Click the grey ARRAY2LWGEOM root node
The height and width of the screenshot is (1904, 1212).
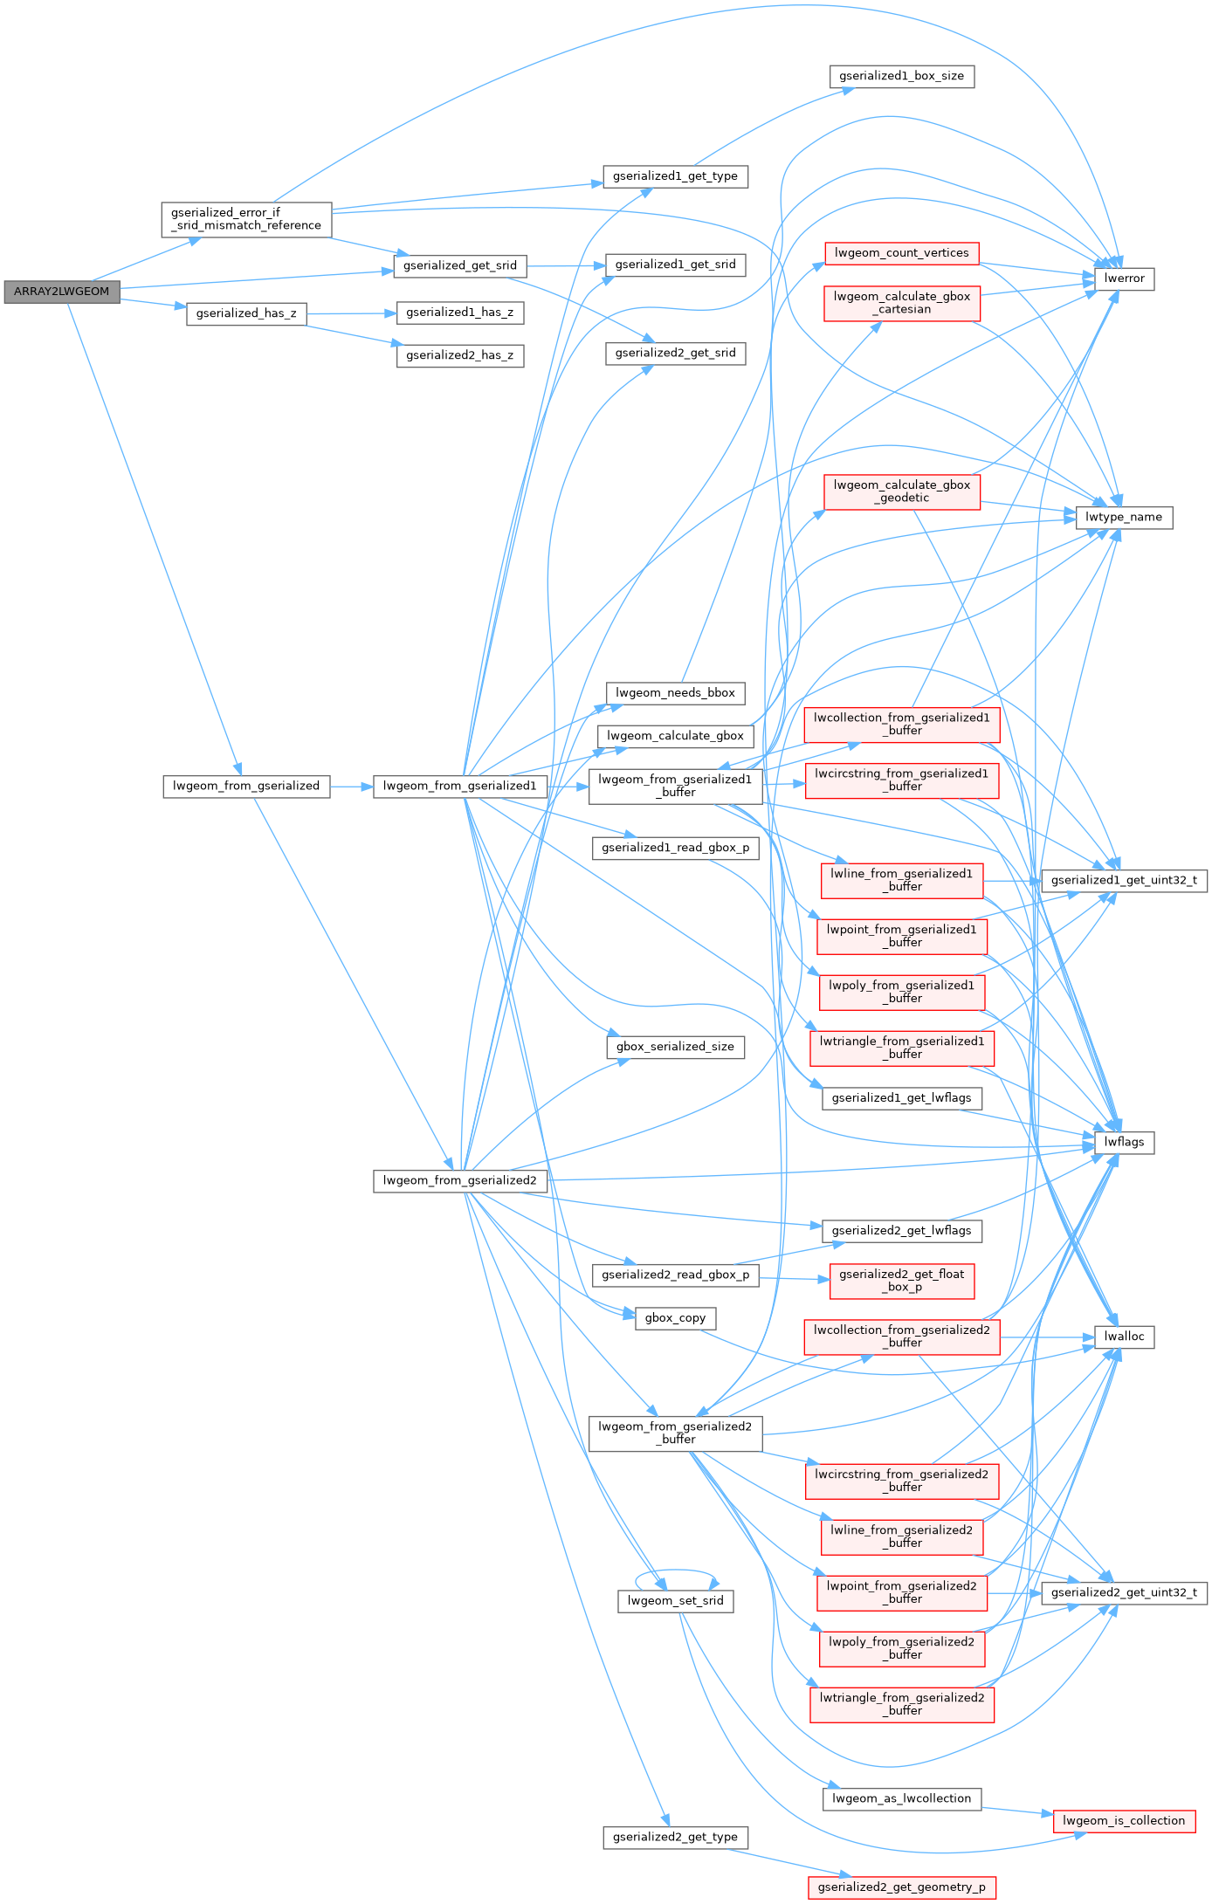pyautogui.click(x=61, y=292)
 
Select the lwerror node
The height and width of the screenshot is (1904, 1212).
pyautogui.click(x=1124, y=278)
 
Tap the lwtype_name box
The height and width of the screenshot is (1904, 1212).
pyautogui.click(x=1123, y=517)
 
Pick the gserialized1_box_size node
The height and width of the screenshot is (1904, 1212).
pyautogui.click(x=901, y=76)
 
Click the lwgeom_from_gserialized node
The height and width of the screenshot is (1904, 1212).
pyautogui.click(x=246, y=786)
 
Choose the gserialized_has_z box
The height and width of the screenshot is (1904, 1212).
pyautogui.click(x=246, y=313)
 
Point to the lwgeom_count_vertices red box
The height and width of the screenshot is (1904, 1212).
pyautogui.click(x=901, y=253)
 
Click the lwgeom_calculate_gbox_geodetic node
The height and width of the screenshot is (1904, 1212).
pyautogui.click(x=901, y=491)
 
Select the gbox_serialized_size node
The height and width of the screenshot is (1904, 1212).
pyautogui.click(x=675, y=1047)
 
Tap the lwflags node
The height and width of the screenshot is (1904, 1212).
pyautogui.click(x=1124, y=1142)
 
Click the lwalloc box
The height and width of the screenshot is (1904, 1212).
pyautogui.click(x=1124, y=1337)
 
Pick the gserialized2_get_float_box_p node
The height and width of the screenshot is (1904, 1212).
pyautogui.click(x=901, y=1281)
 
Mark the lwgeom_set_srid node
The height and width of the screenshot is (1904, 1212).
pyautogui.click(x=675, y=1601)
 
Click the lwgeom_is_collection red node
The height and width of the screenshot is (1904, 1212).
pyautogui.click(x=1124, y=1820)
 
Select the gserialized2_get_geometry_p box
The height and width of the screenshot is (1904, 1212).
pyautogui.click(x=901, y=1887)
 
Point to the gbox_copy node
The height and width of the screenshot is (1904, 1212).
pyautogui.click(x=675, y=1318)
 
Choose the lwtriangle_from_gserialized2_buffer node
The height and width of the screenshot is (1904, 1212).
pyautogui.click(x=901, y=1704)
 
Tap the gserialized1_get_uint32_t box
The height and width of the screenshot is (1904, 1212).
pyautogui.click(x=1124, y=880)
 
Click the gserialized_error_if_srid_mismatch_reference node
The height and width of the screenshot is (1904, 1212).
pyautogui.click(x=246, y=219)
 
